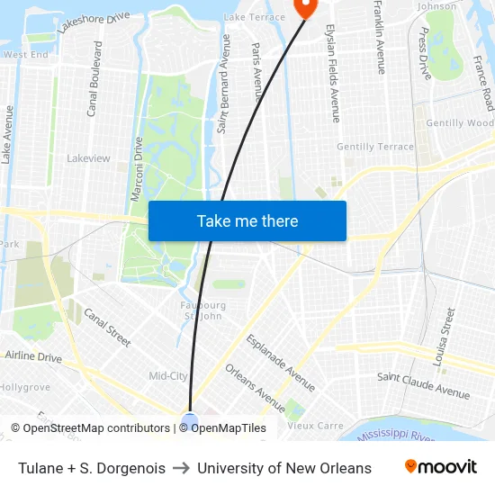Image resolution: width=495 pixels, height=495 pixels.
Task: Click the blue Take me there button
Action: click(247, 220)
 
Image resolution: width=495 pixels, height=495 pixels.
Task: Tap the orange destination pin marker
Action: click(304, 7)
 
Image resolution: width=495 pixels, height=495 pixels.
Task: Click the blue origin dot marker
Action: click(190, 419)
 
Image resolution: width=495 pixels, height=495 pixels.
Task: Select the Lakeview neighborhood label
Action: click(88, 158)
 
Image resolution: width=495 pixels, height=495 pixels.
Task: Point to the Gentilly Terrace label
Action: click(375, 147)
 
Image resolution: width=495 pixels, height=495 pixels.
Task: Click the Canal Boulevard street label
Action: click(94, 78)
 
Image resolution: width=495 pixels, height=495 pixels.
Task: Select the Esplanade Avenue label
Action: click(281, 363)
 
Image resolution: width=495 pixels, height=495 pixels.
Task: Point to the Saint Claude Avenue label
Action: click(423, 386)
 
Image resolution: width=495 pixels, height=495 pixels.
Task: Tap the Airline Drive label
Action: click(33, 357)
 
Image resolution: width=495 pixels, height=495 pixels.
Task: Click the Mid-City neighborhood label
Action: click(167, 376)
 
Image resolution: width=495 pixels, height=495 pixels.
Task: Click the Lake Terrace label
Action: click(254, 17)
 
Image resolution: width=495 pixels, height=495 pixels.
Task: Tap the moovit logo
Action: click(441, 467)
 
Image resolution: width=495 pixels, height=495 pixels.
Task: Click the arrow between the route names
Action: click(181, 468)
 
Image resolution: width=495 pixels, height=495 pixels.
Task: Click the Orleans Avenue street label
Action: click(255, 382)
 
